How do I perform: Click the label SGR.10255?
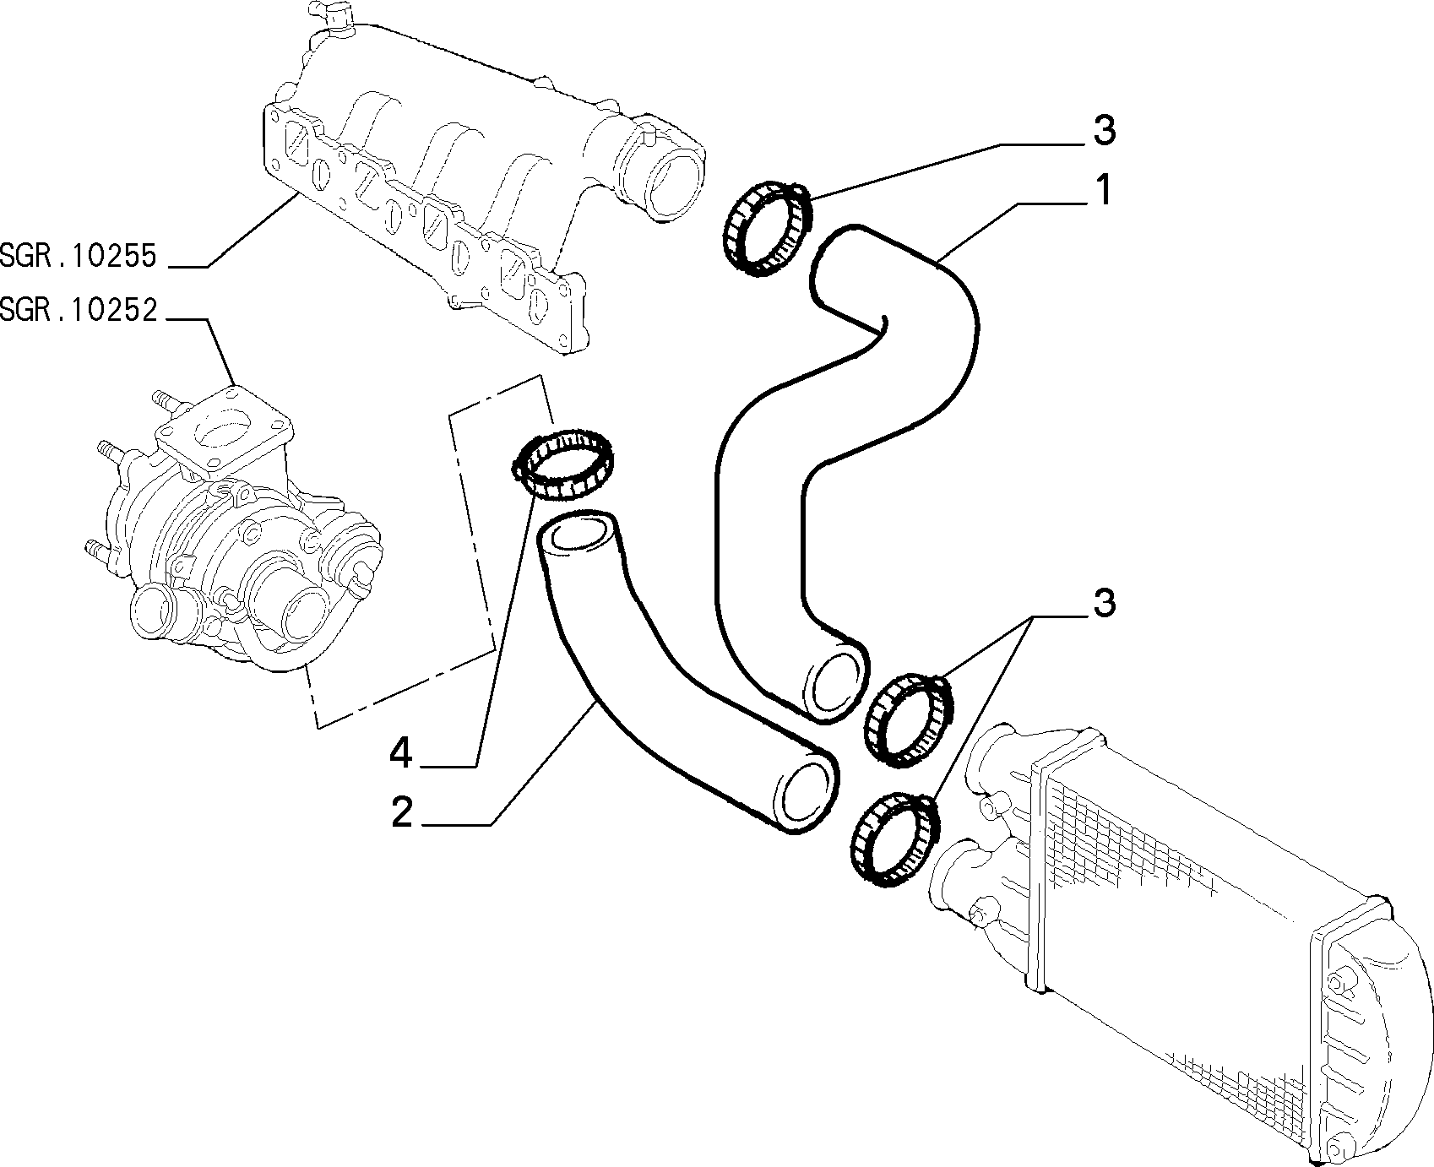(79, 256)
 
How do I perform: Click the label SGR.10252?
(79, 311)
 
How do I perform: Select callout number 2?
(401, 812)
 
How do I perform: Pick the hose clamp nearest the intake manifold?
(767, 227)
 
